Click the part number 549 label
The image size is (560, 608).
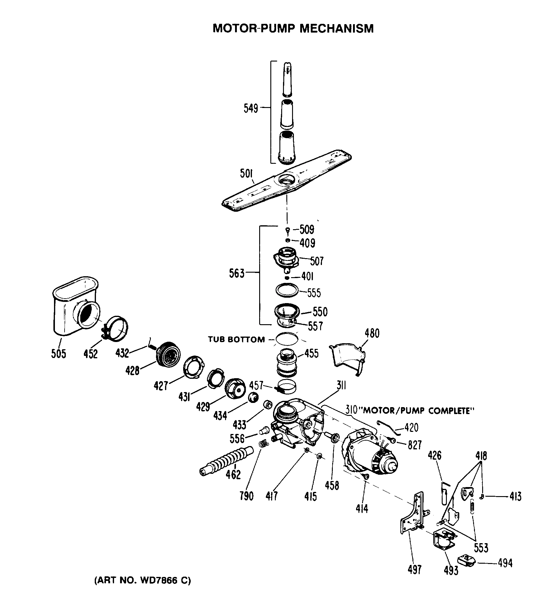251,108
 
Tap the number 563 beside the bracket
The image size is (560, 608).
237,274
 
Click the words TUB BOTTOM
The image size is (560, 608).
236,340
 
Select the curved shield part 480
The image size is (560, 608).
348,357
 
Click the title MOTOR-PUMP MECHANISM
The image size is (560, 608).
293,28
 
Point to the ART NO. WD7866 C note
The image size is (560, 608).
143,581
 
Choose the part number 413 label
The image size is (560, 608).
515,496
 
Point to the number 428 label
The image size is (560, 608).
132,370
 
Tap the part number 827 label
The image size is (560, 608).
415,445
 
